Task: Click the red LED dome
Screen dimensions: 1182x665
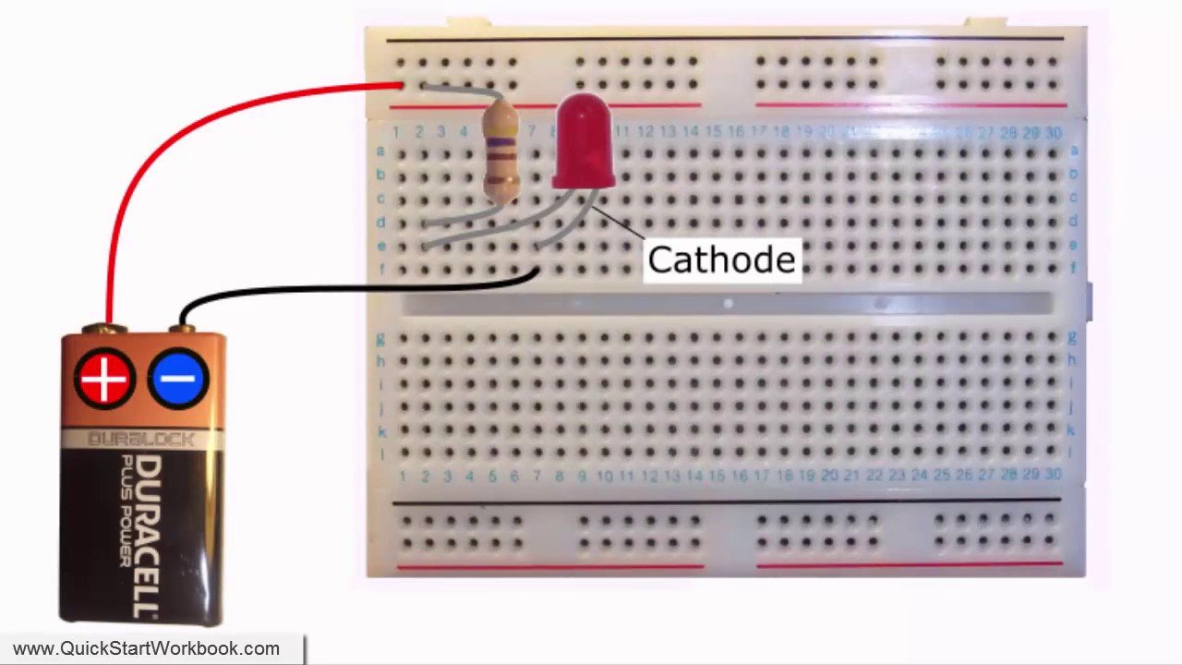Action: (x=584, y=139)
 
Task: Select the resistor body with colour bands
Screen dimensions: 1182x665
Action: (x=501, y=152)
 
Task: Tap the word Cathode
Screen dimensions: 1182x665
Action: (x=720, y=260)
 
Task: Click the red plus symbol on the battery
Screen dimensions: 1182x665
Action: (x=104, y=379)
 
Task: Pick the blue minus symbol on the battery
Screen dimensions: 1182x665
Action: (x=178, y=379)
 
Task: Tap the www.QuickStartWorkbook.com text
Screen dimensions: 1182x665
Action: (x=146, y=649)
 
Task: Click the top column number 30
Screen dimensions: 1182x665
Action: (x=1053, y=133)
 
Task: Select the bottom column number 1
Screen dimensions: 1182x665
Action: (x=403, y=476)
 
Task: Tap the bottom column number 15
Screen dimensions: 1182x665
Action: (x=717, y=476)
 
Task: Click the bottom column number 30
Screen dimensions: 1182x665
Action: (x=1053, y=474)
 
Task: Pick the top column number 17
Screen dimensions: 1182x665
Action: (x=758, y=133)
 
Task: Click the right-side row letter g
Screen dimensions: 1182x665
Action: (x=1072, y=337)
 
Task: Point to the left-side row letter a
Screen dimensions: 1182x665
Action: (x=380, y=151)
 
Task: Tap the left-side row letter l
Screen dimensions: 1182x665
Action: (x=380, y=453)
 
